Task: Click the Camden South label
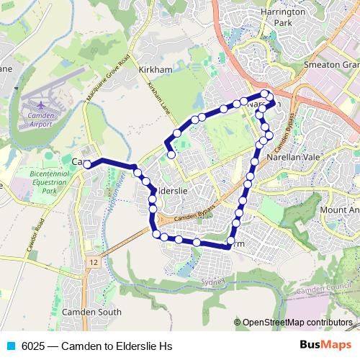pos(91,312)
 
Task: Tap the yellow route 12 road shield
pos(93,262)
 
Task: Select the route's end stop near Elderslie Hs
pos(171,154)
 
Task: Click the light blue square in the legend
pos(11,346)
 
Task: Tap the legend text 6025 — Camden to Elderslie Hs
pos(97,346)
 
